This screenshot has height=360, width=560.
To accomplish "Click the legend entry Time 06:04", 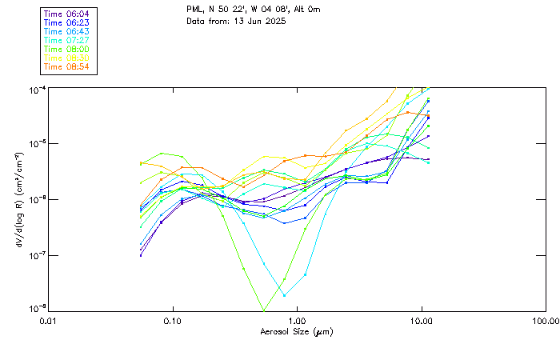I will tap(67, 14).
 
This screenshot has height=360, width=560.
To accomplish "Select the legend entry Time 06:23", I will tap(67, 22).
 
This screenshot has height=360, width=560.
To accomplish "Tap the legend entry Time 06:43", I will tap(67, 31).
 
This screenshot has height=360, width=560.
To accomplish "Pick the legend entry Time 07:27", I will tap(67, 40).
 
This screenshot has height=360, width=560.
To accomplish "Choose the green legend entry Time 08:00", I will tap(67, 49).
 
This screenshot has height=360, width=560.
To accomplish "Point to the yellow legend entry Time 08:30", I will tap(67, 58).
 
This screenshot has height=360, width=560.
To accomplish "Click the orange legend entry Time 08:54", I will tap(67, 66).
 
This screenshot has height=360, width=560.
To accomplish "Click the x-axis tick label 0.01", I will tap(48, 321).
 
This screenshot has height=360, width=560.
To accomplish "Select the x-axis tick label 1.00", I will tap(297, 321).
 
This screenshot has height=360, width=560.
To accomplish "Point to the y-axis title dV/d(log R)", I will tap(15, 199).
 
